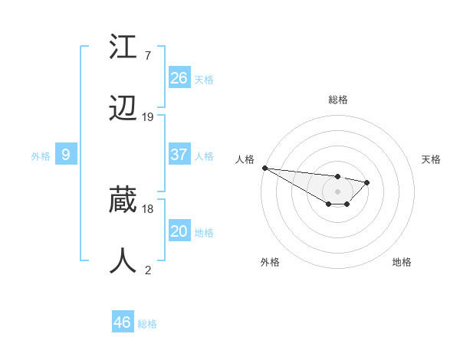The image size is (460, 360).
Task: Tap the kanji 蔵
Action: [123, 201]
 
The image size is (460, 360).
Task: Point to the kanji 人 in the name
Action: [123, 260]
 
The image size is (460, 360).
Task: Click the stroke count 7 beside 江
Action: [147, 56]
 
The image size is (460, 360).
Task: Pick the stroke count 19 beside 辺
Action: [148, 117]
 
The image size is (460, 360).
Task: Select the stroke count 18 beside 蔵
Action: [148, 208]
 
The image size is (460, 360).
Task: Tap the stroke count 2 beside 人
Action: [147, 270]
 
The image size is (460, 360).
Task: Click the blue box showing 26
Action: [179, 77]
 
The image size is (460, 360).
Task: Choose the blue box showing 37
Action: [179, 154]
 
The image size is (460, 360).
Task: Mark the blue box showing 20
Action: [179, 231]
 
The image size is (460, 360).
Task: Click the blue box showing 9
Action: [66, 155]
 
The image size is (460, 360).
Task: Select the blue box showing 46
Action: [123, 322]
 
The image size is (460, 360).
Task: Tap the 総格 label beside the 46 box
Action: [148, 324]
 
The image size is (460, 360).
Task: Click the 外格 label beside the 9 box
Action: [41, 156]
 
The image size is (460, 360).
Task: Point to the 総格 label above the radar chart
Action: [338, 100]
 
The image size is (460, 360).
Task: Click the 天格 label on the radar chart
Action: [432, 159]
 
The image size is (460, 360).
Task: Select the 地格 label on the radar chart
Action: [402, 262]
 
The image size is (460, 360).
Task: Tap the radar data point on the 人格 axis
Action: [264, 168]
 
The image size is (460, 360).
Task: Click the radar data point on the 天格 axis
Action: [367, 182]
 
